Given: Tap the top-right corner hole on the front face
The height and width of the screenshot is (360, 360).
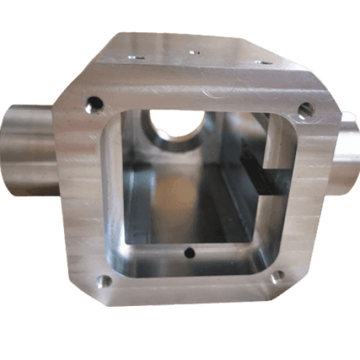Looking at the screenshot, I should (x=305, y=110).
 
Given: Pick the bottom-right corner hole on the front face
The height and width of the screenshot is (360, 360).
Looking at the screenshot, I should (x=276, y=276).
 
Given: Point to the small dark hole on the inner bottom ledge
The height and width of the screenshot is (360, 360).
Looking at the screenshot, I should (x=189, y=252).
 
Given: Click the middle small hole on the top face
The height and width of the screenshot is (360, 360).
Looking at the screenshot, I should (x=192, y=52).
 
